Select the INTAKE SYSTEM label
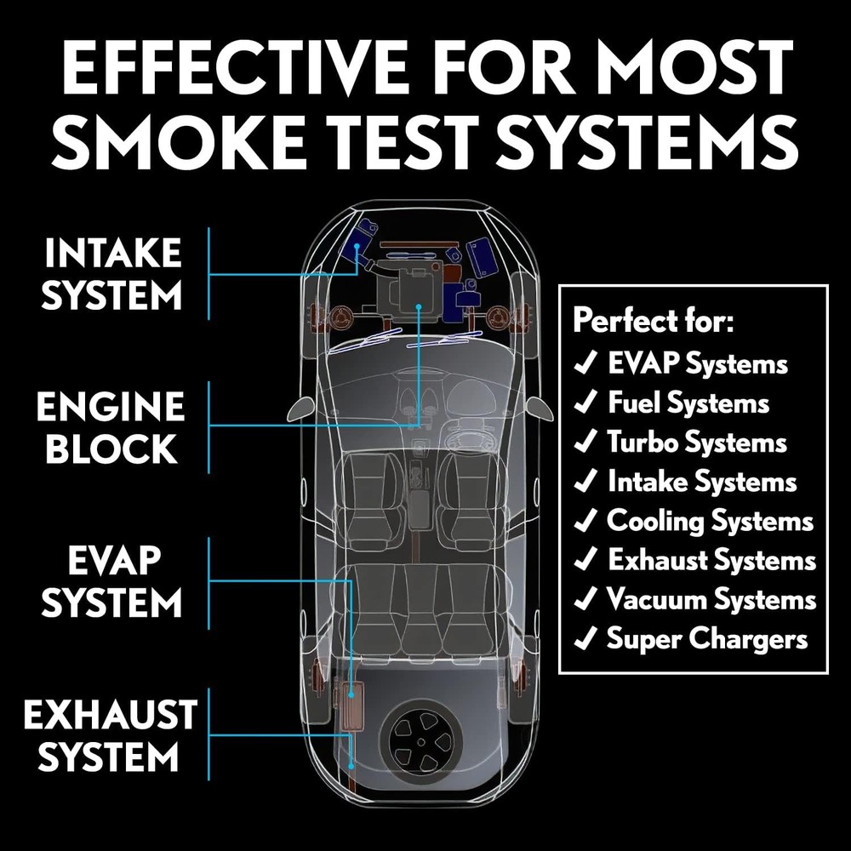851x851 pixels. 112,274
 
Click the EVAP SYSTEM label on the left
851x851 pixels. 112,582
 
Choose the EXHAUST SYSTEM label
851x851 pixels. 111,734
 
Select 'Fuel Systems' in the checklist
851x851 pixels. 688,403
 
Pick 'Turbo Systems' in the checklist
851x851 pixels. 696,443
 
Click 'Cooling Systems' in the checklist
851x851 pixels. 710,520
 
